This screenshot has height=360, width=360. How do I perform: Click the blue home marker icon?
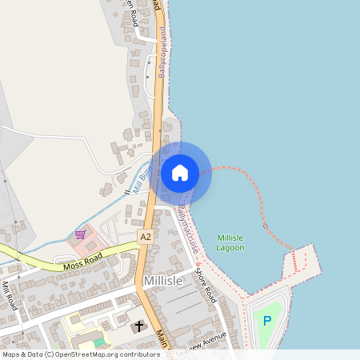(x=180, y=172)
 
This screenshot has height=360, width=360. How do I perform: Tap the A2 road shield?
(x=145, y=237)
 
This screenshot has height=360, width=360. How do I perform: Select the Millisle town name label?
(x=165, y=281)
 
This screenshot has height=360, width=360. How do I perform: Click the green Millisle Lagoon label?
(x=230, y=242)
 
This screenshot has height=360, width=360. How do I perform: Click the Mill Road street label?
(x=9, y=296)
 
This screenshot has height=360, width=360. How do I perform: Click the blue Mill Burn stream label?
(x=140, y=176)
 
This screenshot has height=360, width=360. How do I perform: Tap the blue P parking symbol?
(x=267, y=322)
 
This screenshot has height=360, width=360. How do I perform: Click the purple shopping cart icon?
(x=80, y=235)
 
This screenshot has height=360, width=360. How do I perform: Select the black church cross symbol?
(x=138, y=326)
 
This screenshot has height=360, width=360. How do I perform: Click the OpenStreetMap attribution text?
(x=81, y=354)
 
